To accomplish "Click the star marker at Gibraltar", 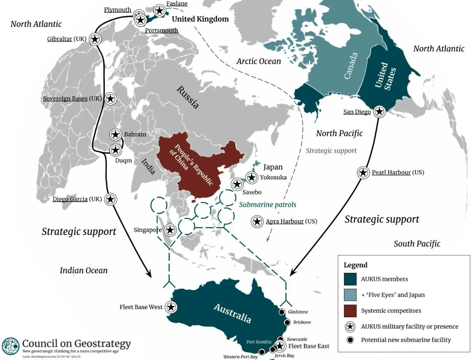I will pos(95,39).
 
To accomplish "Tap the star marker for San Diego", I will pos(379,111).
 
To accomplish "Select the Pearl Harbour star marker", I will pos(363,172).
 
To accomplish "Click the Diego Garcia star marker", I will pos(110,199).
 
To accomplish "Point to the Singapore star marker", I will pos(170,230).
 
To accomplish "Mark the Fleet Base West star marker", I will pos(171,307).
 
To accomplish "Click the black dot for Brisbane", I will pos(287,322).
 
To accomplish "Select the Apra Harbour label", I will pos(284,221).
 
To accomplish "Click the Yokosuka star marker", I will pos(251,178).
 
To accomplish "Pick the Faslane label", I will pos(176,4).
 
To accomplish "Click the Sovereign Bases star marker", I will pos(110,98).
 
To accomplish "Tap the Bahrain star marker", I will pos(116,135).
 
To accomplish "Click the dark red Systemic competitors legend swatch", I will pos(350,311).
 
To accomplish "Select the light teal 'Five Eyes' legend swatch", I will pos(350,295).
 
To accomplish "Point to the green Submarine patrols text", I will pos(267,205).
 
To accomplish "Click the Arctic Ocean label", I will pos(258,61).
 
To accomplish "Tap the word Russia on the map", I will pos(187,97).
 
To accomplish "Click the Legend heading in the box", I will pos(355,265).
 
